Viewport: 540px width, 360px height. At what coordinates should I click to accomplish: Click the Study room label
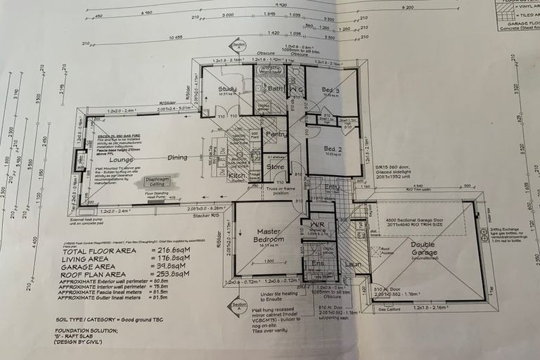[227, 89]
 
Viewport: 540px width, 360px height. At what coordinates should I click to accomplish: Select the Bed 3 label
[331, 91]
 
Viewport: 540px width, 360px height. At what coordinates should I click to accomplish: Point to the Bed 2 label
[333, 149]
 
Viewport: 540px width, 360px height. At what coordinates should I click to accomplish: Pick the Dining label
[176, 158]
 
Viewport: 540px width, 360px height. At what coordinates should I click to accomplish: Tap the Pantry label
[276, 134]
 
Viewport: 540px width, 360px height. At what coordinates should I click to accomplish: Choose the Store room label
[274, 167]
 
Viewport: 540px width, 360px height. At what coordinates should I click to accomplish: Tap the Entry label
[331, 188]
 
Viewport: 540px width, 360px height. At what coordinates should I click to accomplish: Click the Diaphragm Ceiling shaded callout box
[162, 181]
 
